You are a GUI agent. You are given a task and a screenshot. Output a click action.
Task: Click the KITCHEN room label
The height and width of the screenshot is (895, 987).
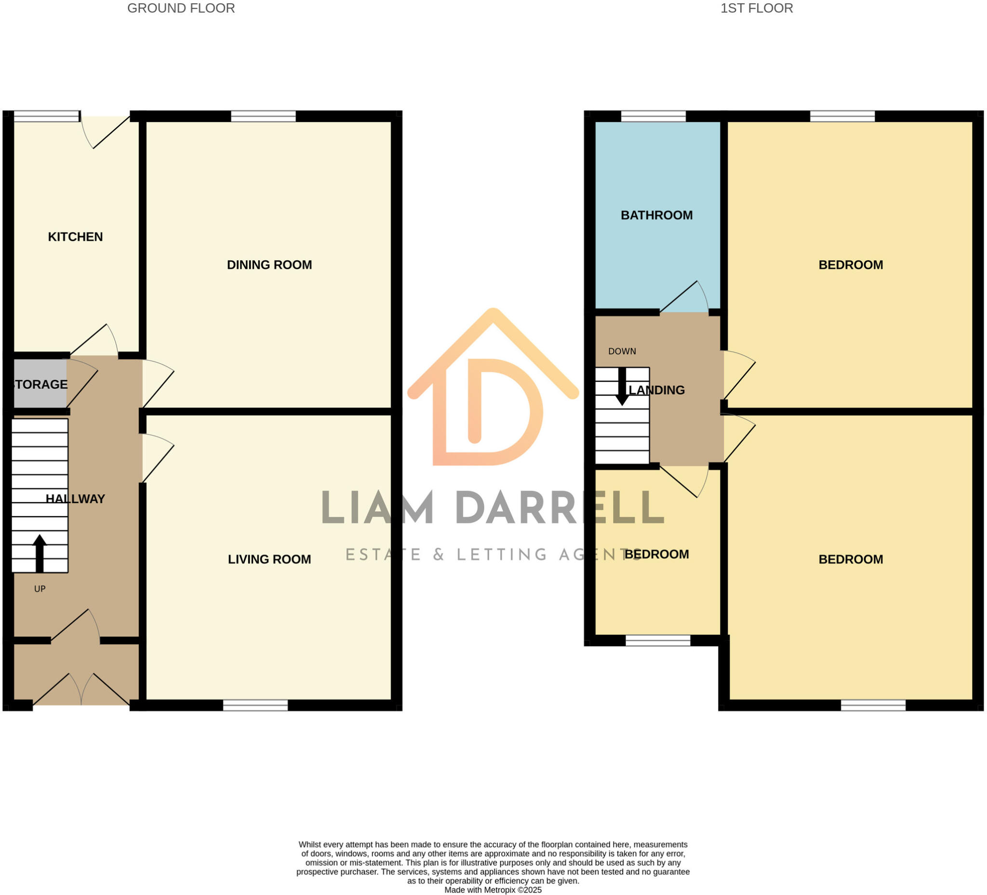(x=75, y=237)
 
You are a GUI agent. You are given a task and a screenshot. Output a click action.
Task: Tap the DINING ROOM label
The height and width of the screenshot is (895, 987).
(x=269, y=265)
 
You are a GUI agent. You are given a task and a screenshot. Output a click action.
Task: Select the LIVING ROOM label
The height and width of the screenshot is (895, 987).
(x=269, y=559)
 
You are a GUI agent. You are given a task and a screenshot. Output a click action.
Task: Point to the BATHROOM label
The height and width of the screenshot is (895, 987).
(x=656, y=215)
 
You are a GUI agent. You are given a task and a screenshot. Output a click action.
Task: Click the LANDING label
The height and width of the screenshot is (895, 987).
(x=656, y=390)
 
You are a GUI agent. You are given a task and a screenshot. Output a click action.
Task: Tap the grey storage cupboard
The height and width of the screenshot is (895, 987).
(x=39, y=384)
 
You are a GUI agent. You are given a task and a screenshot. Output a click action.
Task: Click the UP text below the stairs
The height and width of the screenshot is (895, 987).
(x=40, y=589)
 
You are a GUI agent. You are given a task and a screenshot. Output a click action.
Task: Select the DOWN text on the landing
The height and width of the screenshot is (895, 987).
(x=622, y=351)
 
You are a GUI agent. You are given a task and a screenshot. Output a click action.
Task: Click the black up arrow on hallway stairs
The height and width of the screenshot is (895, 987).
(x=40, y=553)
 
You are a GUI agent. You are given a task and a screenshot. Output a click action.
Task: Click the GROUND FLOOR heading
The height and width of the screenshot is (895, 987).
(x=181, y=8)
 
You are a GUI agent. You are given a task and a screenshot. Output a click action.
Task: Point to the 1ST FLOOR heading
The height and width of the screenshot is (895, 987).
(x=757, y=8)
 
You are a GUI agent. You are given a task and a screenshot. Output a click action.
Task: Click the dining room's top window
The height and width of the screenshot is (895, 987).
(x=264, y=116)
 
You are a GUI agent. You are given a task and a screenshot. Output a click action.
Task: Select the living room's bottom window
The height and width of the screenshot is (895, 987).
(x=255, y=705)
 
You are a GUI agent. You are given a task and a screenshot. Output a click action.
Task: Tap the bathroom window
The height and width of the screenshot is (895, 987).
(x=653, y=116)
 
